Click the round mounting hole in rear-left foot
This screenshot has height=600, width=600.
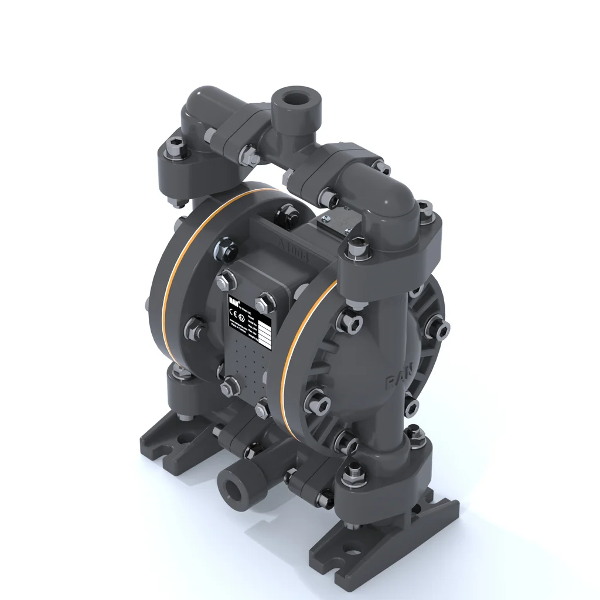184,438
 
